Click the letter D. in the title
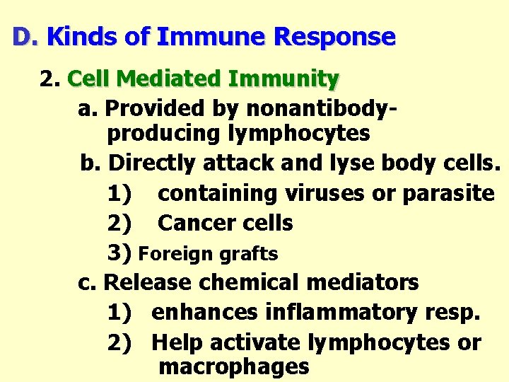tap(25, 37)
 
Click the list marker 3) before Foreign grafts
tap(120, 253)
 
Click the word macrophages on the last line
tap(234, 367)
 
